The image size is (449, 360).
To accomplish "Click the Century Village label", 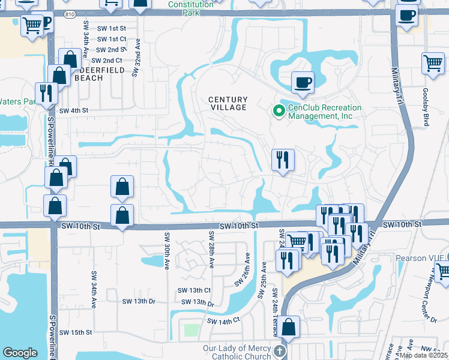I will (228, 103).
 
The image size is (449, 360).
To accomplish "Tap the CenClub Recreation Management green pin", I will (279, 111).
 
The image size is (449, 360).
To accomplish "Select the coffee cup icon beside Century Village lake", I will (303, 82).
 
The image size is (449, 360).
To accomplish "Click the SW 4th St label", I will (73, 110).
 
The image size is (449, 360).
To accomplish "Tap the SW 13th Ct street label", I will (193, 290).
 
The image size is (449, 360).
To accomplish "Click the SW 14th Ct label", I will (224, 321).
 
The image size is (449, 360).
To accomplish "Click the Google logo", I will (20, 353).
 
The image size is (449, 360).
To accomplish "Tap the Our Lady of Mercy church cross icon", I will (279, 350).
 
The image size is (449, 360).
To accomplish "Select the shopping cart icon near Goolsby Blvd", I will (432, 62).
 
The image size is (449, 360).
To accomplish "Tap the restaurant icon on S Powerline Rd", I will (46, 92).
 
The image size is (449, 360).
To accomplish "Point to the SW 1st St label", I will (112, 28).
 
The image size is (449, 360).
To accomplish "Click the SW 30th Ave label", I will (167, 251).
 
